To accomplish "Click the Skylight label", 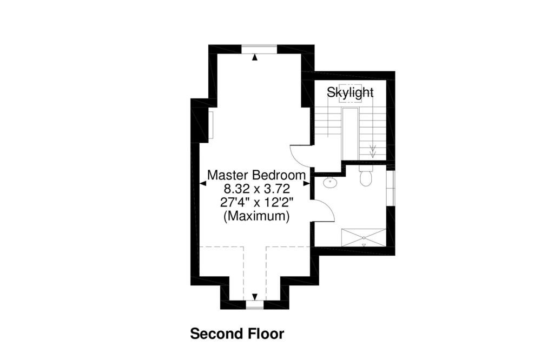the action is tap(350, 93).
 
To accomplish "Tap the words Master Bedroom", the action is tap(256, 175).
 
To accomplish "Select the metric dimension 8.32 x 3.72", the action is tap(256, 189).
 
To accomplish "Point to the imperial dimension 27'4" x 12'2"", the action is tap(256, 202).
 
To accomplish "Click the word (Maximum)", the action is tap(256, 216).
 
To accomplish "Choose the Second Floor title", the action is tap(237, 334).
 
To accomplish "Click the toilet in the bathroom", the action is tap(365, 176).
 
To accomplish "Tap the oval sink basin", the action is tap(331, 182).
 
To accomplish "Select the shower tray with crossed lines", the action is tap(364, 238).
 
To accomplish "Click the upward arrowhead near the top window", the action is tap(255, 57).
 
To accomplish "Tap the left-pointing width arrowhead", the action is tap(203, 184).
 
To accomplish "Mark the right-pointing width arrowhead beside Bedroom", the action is tap(306, 184).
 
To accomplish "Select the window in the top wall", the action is tap(259, 49).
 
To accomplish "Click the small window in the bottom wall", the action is tap(255, 305).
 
